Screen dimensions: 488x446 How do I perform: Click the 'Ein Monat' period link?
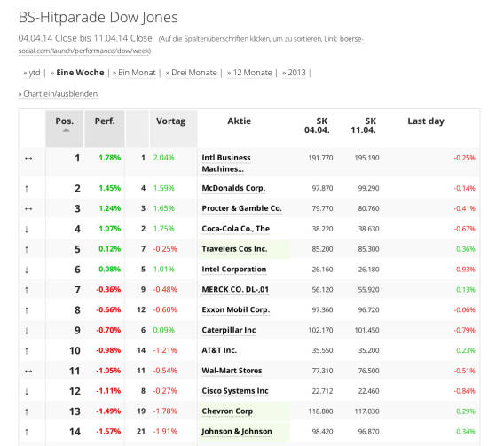[x=137, y=73]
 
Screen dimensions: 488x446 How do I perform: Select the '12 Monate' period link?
[x=252, y=73]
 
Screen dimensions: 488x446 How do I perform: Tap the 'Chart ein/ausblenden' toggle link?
[x=60, y=94]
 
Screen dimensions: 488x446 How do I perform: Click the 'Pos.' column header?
[x=65, y=121]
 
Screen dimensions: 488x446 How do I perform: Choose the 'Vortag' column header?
[x=170, y=121]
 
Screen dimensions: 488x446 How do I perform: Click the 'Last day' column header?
[x=426, y=121]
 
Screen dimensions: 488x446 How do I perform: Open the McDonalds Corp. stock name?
[x=233, y=188]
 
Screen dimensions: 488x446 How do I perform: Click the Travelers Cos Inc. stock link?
[x=234, y=249]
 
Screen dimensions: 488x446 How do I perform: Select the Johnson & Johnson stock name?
[x=237, y=432]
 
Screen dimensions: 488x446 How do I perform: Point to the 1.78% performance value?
[x=109, y=158]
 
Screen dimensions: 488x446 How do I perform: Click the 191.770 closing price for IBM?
[x=320, y=158]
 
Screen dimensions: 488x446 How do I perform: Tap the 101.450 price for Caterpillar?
[x=366, y=330]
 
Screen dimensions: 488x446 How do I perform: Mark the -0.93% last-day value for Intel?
[x=464, y=270]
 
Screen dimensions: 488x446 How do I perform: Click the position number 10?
[x=75, y=350]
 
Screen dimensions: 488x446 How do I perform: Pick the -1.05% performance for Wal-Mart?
[x=108, y=371]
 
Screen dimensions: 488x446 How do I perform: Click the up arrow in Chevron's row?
[x=27, y=411]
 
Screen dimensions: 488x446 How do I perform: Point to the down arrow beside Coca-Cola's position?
[x=27, y=230]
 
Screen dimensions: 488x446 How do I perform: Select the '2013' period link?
[x=296, y=73]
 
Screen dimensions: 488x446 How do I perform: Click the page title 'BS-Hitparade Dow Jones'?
[x=98, y=17]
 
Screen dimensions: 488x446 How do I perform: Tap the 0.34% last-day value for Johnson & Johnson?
[x=466, y=432]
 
